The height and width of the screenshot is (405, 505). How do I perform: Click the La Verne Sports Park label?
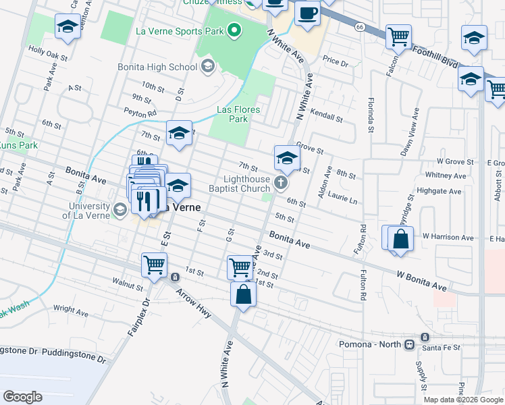click(179, 30)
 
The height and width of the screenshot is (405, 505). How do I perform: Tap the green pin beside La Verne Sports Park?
click(234, 30)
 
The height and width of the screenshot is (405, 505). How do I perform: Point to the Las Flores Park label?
click(238, 114)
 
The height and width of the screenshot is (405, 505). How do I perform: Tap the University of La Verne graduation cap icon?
click(119, 210)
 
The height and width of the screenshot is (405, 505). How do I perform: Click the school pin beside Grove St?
click(286, 159)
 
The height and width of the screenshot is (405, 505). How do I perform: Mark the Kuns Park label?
click(18, 145)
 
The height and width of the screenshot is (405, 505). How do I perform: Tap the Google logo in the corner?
click(23, 396)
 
